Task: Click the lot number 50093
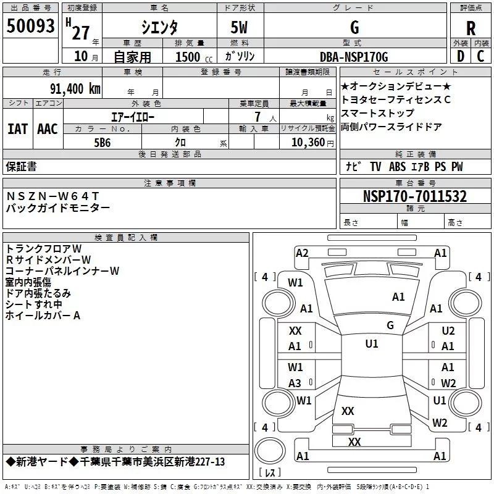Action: coord(30,27)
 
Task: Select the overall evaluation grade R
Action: coord(471,28)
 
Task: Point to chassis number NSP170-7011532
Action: coord(414,196)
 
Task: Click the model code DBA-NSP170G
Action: coord(354,57)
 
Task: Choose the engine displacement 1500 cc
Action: coord(190,57)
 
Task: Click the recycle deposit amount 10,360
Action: coord(304,142)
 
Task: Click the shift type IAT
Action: coord(17,128)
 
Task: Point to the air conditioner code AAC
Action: coord(48,128)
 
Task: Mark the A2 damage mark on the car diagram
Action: coord(302,253)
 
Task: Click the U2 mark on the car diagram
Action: coord(448,331)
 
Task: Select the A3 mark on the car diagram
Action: coord(295,383)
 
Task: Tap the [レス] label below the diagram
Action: coord(269,474)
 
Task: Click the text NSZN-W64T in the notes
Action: coord(52,196)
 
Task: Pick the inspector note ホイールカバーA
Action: coord(43,316)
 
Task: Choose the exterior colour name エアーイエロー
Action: coord(133,116)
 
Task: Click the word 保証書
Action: coord(21,167)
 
